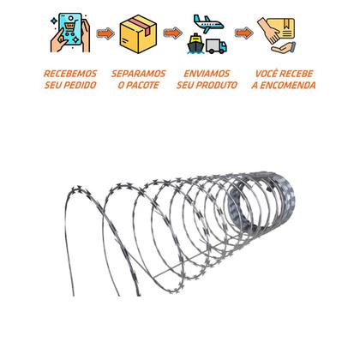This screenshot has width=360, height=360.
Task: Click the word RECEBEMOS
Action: pyautogui.click(x=70, y=74)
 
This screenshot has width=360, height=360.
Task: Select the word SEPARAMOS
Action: pyautogui.click(x=139, y=74)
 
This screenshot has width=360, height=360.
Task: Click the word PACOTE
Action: pyautogui.click(x=142, y=85)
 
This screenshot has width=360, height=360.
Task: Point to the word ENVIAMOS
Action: pyautogui.click(x=207, y=74)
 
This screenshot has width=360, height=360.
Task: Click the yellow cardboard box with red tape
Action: pyautogui.click(x=138, y=33)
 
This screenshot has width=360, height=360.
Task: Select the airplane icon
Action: pyautogui.click(x=208, y=24)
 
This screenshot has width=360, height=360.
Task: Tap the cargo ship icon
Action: pyautogui.click(x=195, y=44)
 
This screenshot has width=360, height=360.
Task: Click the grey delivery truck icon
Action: pyautogui.click(x=216, y=46)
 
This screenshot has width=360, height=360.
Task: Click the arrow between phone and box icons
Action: pyautogui.click(x=105, y=33)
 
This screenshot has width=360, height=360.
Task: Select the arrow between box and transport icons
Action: pyautogui.click(x=173, y=33)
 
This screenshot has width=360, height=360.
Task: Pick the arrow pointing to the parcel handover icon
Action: pyautogui.click(x=244, y=33)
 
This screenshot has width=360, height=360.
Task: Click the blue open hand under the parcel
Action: pyautogui.click(x=284, y=47)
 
